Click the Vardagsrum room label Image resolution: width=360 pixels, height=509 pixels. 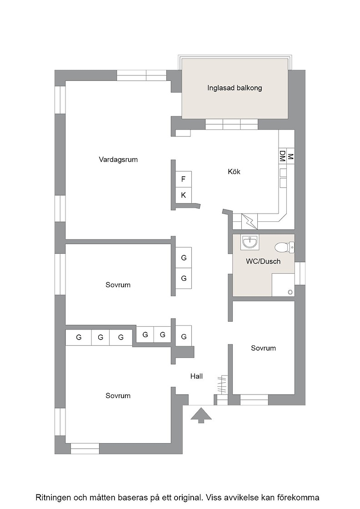118,160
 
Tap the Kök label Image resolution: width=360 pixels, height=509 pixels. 234,171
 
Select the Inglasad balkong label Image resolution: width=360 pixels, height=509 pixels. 235,88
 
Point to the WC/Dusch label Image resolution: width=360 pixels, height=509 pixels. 263,261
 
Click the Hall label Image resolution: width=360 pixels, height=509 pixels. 197,376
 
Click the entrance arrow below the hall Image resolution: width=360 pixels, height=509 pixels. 200,415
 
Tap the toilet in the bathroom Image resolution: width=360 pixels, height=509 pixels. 285,247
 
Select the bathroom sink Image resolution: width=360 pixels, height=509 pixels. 250,242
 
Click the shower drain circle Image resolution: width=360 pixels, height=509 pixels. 290,292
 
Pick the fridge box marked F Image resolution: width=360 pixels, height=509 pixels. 183,179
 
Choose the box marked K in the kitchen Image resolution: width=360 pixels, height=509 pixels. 183,195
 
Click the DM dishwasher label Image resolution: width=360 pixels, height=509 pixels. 282,156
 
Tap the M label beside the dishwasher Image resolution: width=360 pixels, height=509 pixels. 290,156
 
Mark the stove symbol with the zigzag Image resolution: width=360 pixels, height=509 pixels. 250,221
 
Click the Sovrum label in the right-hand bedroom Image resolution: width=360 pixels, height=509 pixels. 263,348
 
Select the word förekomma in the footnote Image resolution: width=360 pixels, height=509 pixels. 301,497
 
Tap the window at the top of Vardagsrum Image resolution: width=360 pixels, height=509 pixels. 141,75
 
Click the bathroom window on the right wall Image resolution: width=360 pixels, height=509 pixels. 300,273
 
